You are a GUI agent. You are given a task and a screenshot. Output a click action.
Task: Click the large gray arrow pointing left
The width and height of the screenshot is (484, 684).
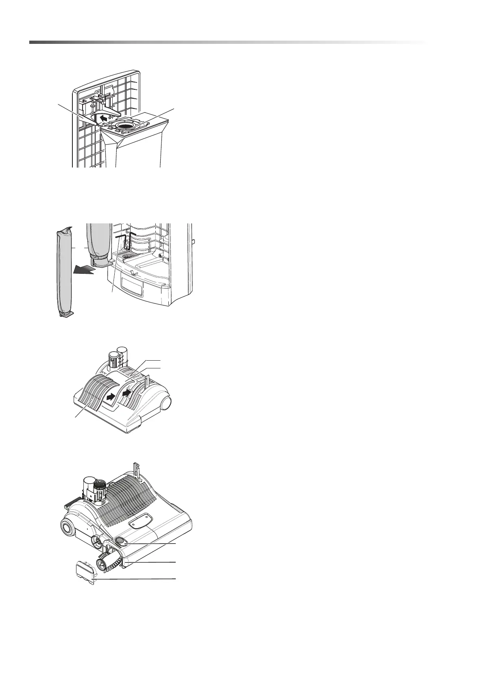point(86,270)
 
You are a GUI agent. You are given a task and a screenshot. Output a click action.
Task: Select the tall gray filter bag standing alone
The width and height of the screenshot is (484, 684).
point(64,271)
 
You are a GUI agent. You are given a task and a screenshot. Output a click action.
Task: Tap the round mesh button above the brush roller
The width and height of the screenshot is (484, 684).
point(121,540)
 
